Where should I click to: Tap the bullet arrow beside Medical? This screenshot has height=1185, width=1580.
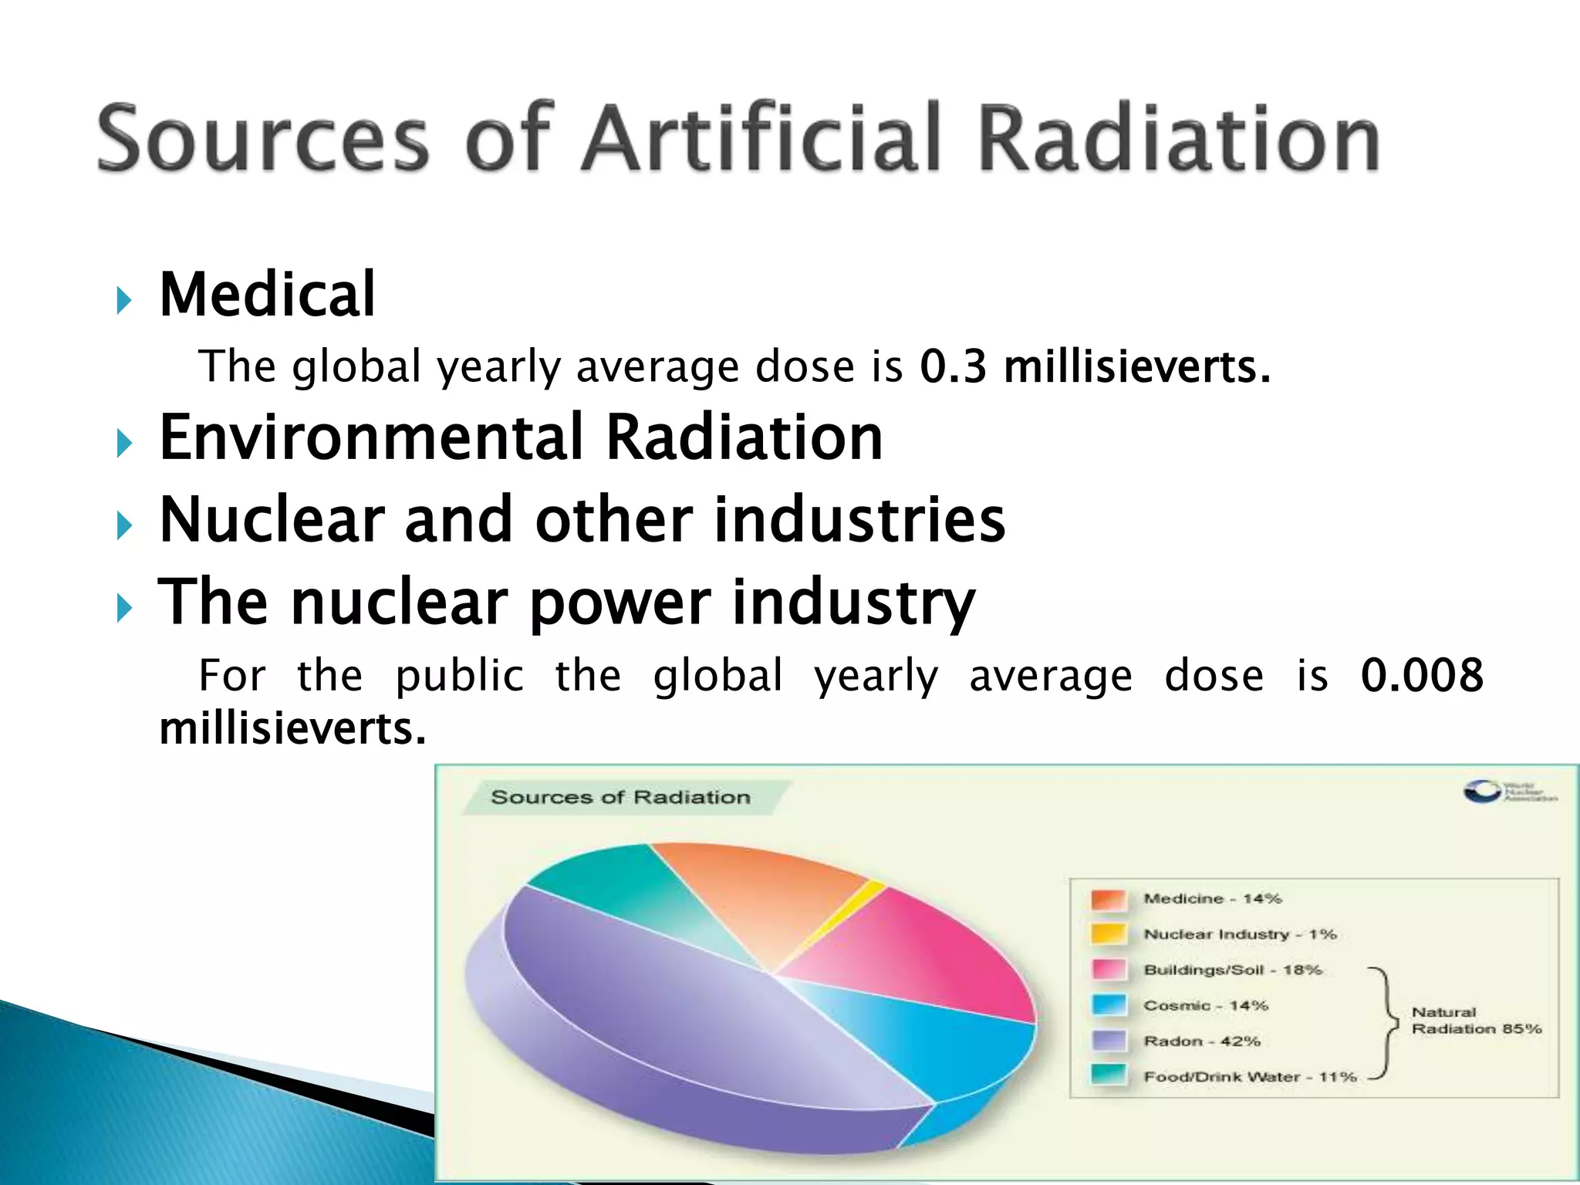click(123, 300)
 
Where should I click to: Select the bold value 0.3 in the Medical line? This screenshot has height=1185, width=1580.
click(953, 366)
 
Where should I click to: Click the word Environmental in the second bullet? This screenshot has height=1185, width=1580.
click(370, 437)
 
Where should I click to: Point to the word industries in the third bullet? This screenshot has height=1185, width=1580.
click(859, 520)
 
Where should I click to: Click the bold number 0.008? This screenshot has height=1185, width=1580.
click(1421, 675)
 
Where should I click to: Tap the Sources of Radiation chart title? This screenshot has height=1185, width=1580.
click(620, 798)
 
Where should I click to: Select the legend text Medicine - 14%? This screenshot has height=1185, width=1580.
click(1211, 899)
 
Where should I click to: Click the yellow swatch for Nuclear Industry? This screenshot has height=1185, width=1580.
click(1109, 934)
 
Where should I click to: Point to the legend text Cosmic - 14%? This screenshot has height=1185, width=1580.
click(1205, 1006)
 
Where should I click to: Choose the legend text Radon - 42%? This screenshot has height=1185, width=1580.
click(1201, 1042)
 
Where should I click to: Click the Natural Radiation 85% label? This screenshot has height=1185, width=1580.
click(1475, 1021)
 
